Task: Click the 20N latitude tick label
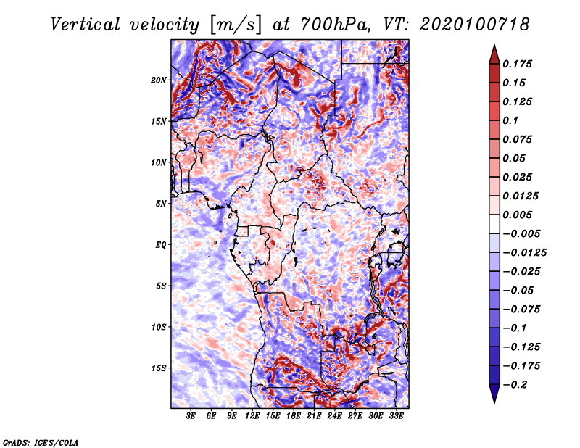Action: (x=159, y=80)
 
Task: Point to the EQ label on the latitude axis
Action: (x=161, y=244)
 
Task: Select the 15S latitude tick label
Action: (x=159, y=368)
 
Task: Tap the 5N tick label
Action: (x=161, y=203)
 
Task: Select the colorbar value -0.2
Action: (x=519, y=384)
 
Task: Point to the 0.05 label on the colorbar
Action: (x=516, y=158)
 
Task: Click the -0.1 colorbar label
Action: (x=516, y=328)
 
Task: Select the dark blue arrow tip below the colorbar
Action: (x=494, y=398)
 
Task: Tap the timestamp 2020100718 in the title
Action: (x=465, y=24)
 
